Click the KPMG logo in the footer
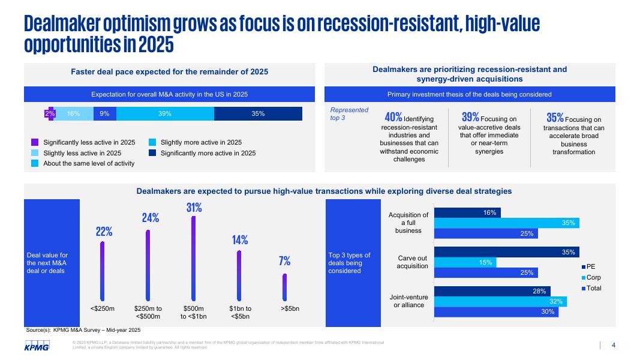[x=37, y=347]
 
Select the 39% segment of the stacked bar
[x=165, y=113]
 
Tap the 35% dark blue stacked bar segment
[x=258, y=113]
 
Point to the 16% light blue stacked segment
[x=74, y=113]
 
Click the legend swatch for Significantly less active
[x=35, y=143]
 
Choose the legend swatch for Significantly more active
[x=152, y=154]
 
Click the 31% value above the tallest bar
[x=194, y=208]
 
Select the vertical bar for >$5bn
[x=285, y=287]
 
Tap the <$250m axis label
[x=102, y=308]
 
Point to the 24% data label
[x=150, y=218]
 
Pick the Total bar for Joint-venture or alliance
[x=496, y=312]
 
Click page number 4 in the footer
[x=614, y=345]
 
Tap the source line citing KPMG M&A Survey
[x=83, y=330]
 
